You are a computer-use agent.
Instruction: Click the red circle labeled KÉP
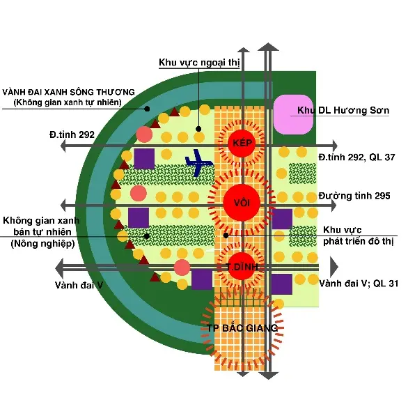242,144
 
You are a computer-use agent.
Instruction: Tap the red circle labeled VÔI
242,203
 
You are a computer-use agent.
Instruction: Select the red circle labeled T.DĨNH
242,266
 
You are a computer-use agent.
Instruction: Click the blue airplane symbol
198,163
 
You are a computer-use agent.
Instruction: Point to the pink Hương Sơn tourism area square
293,114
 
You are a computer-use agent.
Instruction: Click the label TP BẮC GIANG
242,328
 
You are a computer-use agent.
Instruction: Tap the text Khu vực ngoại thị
199,63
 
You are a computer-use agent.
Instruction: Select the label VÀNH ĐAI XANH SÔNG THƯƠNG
68,92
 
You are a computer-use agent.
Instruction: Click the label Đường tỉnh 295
354,196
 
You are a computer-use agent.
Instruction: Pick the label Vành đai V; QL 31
359,284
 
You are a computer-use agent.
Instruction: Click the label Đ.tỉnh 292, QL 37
356,157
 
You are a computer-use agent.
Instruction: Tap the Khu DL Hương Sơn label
343,110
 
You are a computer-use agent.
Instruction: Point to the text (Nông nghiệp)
42,244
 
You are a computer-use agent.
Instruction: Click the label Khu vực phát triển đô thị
358,236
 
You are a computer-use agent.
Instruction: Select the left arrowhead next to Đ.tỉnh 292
63,146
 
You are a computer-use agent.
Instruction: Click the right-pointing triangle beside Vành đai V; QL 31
334,267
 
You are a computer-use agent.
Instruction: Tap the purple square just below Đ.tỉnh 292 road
144,159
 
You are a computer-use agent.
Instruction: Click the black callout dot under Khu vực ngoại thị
198,129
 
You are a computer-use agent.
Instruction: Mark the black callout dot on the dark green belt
148,109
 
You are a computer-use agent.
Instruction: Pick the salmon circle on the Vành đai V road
182,268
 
